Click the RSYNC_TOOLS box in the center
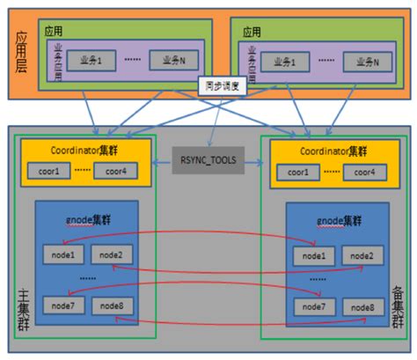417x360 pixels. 208,161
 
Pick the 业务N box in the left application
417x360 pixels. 170,61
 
